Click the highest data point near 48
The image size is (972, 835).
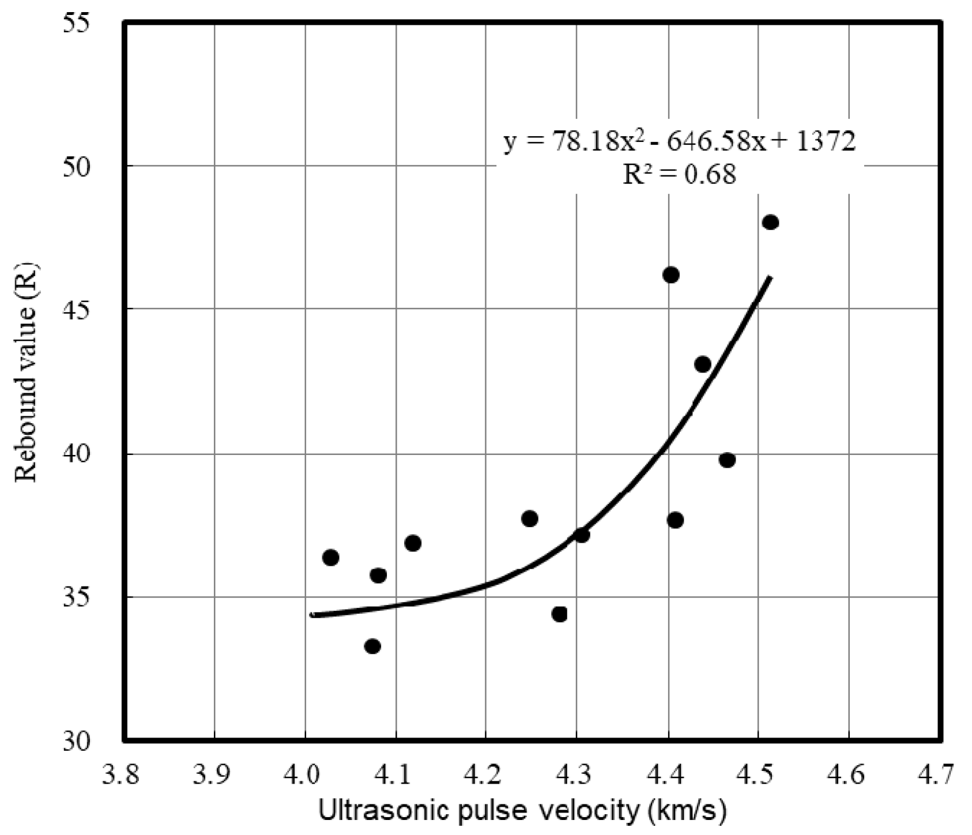coord(770,223)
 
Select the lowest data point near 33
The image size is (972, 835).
coord(372,646)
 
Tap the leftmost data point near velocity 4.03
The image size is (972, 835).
coord(330,558)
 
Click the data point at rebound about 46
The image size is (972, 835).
coord(670,275)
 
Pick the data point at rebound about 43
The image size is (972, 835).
coord(702,364)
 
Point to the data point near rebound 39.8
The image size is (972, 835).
coord(727,460)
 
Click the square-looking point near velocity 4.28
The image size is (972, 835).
coord(559,614)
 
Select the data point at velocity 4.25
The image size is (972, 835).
coord(529,519)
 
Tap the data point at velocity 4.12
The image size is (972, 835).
coord(413,543)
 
